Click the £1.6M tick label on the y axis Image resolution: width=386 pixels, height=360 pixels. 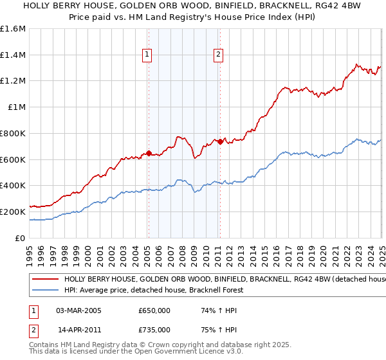(13, 29)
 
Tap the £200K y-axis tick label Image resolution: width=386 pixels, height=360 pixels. (13, 212)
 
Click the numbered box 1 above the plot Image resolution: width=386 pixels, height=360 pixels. (148, 55)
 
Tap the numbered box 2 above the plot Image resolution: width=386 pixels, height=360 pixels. (219, 55)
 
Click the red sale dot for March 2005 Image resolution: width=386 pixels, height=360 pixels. (149, 153)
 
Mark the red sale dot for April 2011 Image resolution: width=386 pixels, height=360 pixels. (220, 141)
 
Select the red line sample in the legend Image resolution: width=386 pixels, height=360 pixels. (46, 280)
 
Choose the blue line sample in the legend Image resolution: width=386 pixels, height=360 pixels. (46, 290)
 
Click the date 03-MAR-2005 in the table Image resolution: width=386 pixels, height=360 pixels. (79, 310)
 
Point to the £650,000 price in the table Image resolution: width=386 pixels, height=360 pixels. (154, 310)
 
